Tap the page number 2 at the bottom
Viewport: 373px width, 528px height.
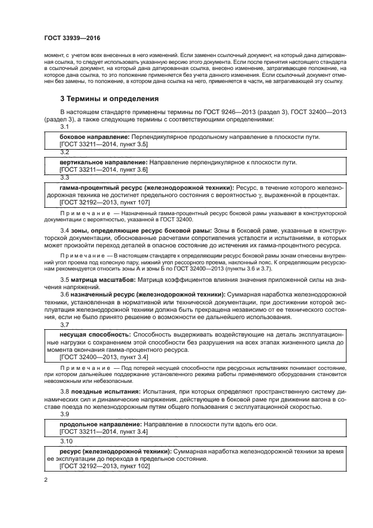[x=45, y=481]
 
